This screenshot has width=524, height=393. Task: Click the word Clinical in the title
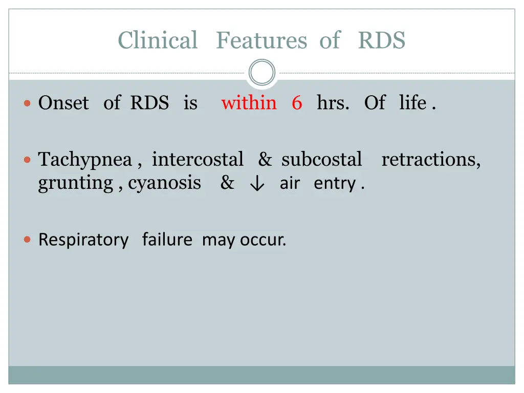157,40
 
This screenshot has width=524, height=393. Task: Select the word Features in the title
260,40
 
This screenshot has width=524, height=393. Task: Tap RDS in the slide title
381,40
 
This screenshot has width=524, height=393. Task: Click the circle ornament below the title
262,73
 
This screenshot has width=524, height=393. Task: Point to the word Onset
63,103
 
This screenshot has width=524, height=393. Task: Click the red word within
249,103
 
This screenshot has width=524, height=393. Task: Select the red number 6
297,103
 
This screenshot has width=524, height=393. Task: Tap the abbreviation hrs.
333,103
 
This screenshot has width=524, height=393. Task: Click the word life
412,103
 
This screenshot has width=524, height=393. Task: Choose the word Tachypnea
85,160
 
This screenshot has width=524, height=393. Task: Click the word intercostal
198,159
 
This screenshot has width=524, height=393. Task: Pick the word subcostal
322,159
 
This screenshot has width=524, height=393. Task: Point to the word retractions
431,159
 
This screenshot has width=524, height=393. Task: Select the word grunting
76,183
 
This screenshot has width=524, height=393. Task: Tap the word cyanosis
164,183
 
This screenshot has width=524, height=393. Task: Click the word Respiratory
83,239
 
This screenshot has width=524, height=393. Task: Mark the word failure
167,239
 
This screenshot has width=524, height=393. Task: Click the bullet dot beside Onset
28,103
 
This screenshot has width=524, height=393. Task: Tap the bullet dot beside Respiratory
28,239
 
